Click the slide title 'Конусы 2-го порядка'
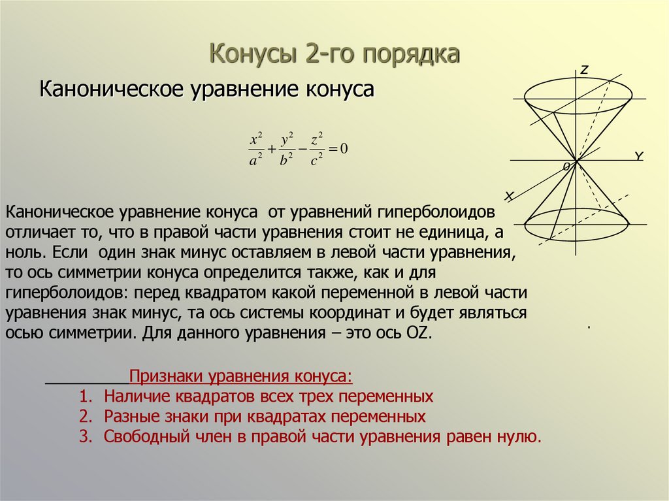[x=334, y=54]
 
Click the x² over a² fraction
[x=255, y=150]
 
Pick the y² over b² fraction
[x=286, y=150]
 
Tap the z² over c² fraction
[x=317, y=150]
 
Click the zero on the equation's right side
[x=344, y=149]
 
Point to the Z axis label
[x=585, y=69]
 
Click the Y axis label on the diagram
[x=639, y=156]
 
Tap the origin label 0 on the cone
[x=566, y=168]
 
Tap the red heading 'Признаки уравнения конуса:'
[x=240, y=378]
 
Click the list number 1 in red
[x=84, y=396]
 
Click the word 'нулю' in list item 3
[x=520, y=437]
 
